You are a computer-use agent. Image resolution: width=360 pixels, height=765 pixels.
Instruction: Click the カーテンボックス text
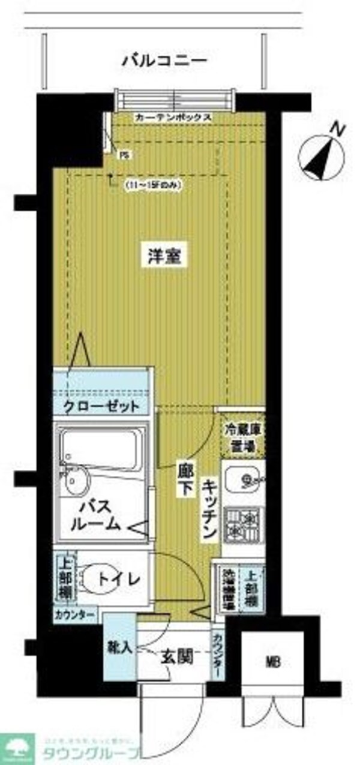point(172,117)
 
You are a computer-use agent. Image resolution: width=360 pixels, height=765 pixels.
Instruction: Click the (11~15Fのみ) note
point(152,185)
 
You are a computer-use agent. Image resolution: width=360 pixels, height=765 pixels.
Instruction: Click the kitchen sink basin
point(243,480)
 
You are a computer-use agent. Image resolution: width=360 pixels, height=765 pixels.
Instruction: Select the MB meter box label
point(273,663)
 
